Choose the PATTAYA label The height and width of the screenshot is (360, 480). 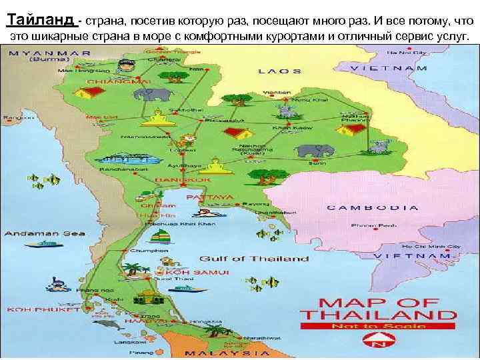pos(210,197)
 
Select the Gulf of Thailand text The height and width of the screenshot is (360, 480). pos(254,258)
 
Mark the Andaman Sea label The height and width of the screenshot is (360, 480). pos(33,233)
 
